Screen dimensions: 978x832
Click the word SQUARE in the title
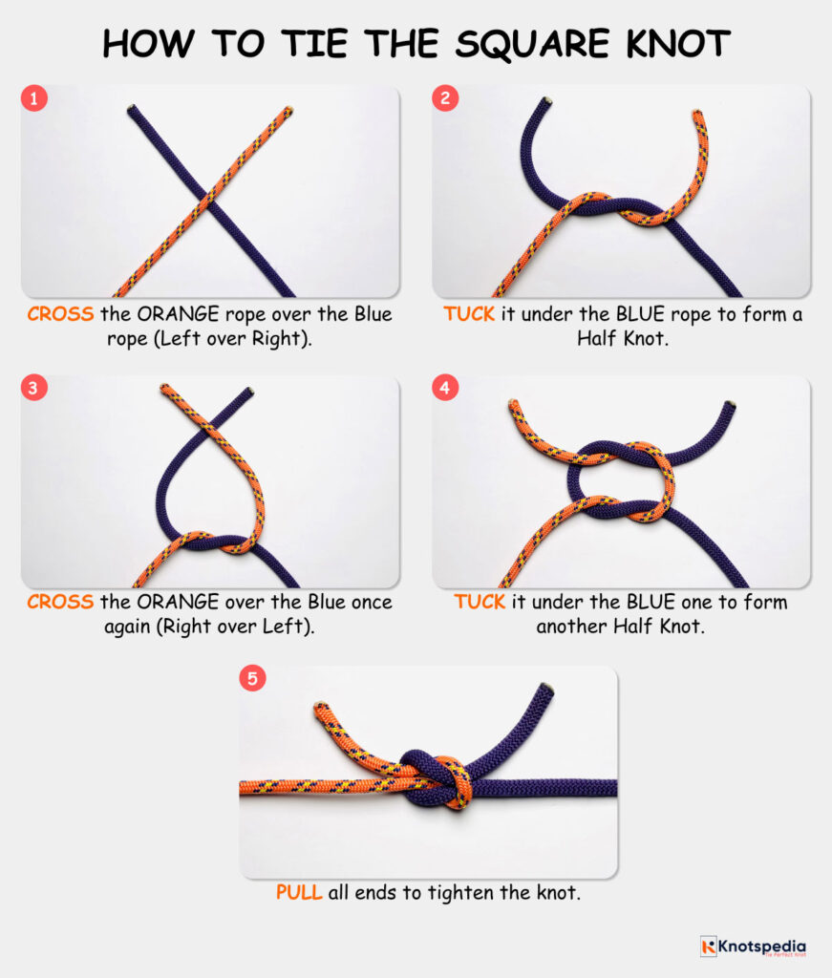point(521,43)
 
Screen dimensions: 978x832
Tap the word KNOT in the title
point(669,43)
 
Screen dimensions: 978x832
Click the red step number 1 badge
point(34,98)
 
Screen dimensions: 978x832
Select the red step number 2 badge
point(445,98)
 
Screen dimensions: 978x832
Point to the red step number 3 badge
point(34,389)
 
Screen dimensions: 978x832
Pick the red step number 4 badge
point(445,389)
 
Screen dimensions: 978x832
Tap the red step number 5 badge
point(252,679)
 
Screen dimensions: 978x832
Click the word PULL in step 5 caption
point(299,893)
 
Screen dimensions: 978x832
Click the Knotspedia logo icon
point(708,946)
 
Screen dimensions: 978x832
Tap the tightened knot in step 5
point(437,778)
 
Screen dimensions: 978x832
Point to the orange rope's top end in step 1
point(288,112)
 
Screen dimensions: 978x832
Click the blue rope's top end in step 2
point(545,103)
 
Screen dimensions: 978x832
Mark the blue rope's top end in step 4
point(732,405)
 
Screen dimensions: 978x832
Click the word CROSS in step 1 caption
point(60,314)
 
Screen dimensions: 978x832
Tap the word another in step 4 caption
point(567,627)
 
